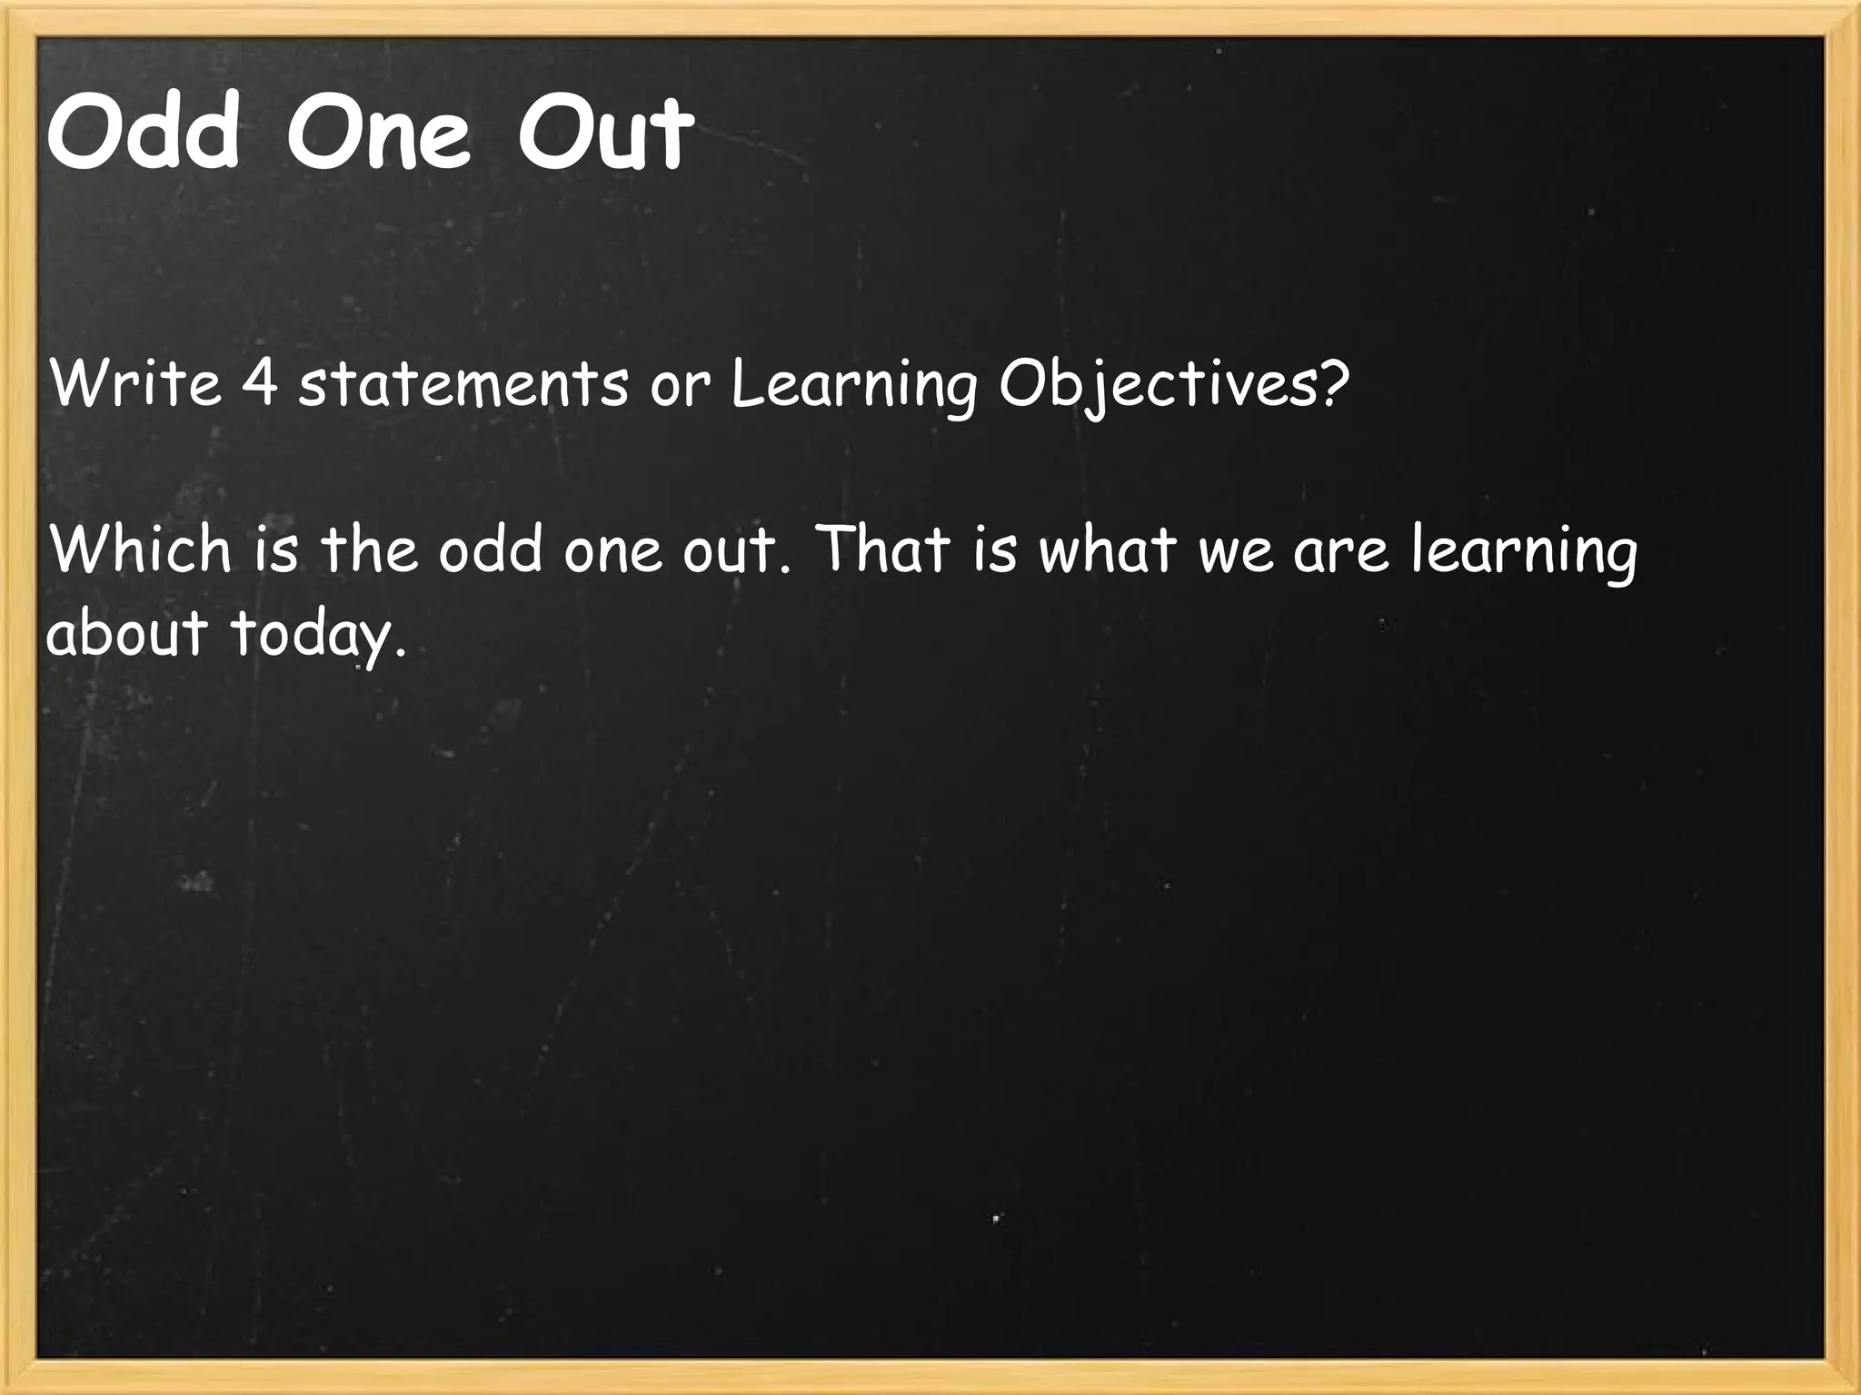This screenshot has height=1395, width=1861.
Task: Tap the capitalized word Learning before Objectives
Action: pos(854,385)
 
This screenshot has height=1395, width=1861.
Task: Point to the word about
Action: pos(127,632)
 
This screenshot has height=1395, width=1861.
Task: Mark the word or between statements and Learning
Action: pos(679,387)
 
